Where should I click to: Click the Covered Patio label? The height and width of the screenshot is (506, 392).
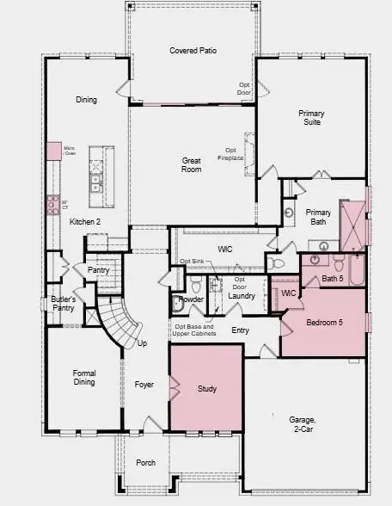193,51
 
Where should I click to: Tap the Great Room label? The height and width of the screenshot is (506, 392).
192,164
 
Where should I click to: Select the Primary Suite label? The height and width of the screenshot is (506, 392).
311,118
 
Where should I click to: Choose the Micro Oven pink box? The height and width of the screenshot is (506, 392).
55,151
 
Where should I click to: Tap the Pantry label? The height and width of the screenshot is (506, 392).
99,269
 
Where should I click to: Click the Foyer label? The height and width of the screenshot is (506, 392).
144,385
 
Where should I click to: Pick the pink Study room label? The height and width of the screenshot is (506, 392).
207,389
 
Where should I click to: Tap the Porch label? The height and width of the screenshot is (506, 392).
146,463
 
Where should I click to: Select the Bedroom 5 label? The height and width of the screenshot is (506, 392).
324,324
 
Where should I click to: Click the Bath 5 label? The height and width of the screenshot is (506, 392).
333,278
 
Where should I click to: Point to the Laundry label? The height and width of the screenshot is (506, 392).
242,296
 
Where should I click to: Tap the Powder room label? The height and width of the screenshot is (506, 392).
191,300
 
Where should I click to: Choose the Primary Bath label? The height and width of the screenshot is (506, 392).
318,218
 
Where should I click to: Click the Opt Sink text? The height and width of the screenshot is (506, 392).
191,262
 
